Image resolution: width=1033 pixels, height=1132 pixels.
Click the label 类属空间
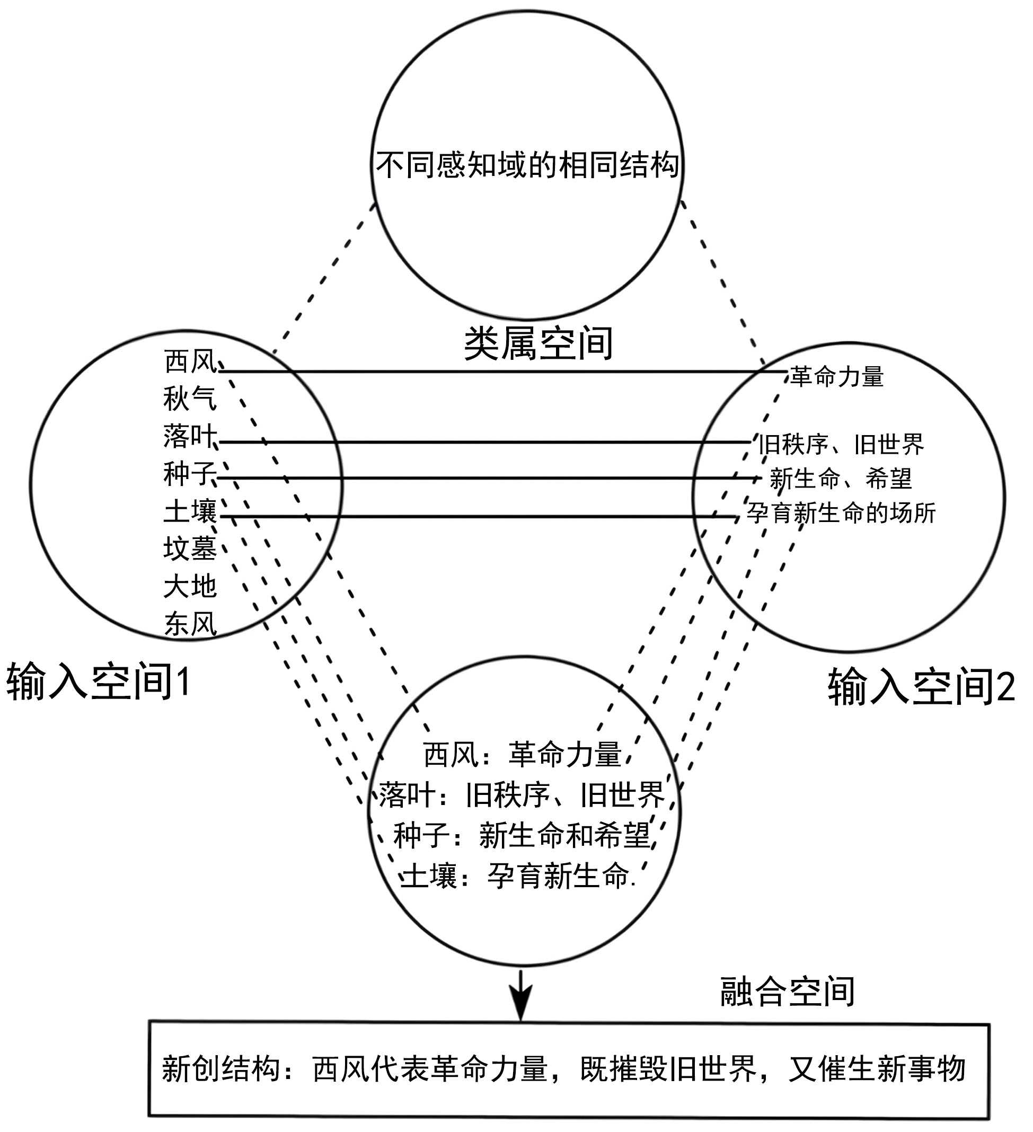(538, 343)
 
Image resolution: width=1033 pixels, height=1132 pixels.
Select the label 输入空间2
(921, 686)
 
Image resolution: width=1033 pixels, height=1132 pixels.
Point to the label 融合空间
(787, 992)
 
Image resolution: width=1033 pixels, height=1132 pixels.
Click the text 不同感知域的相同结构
(527, 164)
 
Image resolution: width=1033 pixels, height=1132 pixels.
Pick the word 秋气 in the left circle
(190, 399)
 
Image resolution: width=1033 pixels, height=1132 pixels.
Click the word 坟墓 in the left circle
(190, 548)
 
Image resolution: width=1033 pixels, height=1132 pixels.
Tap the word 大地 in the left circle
(190, 586)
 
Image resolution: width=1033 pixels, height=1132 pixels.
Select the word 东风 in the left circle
(190, 623)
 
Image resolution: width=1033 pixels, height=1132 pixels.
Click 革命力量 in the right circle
(836, 376)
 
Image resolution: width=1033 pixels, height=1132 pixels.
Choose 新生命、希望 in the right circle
(841, 479)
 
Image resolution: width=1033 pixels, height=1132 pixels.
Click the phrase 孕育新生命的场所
(841, 513)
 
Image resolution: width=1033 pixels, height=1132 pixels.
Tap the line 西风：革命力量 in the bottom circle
(522, 754)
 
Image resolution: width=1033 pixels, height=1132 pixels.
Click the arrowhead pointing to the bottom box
(521, 1007)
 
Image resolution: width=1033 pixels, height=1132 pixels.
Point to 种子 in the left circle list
(189, 473)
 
